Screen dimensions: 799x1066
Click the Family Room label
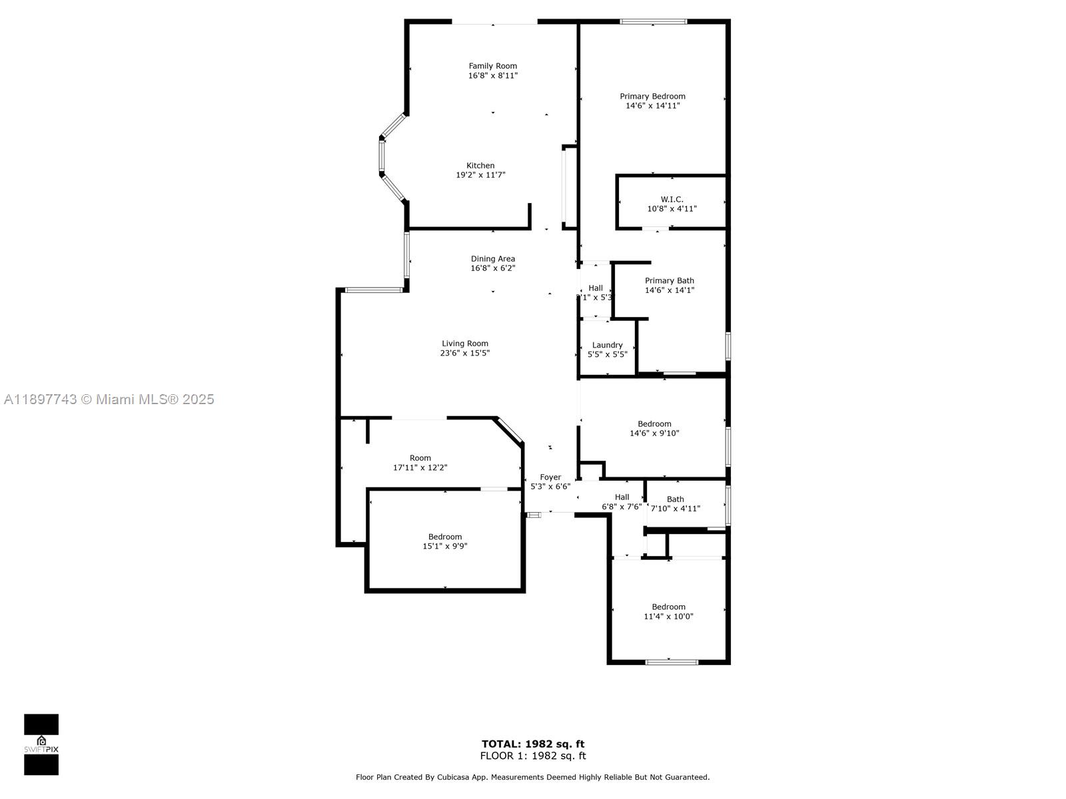click(492, 66)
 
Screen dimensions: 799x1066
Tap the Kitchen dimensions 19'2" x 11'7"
click(480, 175)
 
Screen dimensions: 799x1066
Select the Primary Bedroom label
click(652, 97)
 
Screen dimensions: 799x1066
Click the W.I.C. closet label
click(672, 199)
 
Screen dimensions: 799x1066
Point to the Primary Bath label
click(669, 281)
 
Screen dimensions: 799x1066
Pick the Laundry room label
click(607, 345)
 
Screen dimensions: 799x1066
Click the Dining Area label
click(492, 259)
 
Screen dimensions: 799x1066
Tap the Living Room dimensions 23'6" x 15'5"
click(464, 354)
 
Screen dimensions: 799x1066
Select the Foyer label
click(550, 477)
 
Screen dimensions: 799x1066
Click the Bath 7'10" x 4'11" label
click(675, 504)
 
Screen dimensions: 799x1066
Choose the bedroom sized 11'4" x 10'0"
click(668, 612)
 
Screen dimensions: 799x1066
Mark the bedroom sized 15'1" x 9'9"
click(444, 541)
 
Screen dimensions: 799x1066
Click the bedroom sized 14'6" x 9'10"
click(654, 429)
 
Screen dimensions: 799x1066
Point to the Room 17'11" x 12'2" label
click(420, 463)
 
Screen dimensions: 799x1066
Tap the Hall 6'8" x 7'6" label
click(622, 501)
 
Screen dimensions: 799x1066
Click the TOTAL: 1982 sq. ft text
click(533, 744)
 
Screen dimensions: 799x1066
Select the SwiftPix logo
click(41, 744)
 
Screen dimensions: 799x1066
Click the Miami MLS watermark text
click(109, 400)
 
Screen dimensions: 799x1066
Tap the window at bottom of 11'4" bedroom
click(672, 662)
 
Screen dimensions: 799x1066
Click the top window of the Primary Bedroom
click(653, 21)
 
